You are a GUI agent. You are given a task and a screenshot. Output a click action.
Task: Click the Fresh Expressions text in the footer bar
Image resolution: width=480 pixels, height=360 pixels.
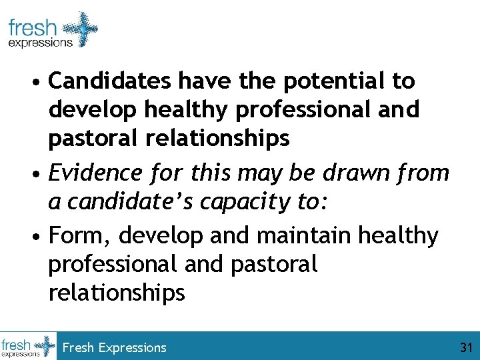[114, 347]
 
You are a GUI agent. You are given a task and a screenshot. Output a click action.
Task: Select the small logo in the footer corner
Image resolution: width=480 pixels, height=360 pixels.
[29, 346]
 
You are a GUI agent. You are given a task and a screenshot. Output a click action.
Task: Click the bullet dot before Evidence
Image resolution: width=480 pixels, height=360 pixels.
[41, 175]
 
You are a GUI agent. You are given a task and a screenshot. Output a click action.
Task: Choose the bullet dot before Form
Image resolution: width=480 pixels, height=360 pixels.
[41, 237]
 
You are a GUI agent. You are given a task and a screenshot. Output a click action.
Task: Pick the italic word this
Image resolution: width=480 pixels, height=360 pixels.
[209, 173]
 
